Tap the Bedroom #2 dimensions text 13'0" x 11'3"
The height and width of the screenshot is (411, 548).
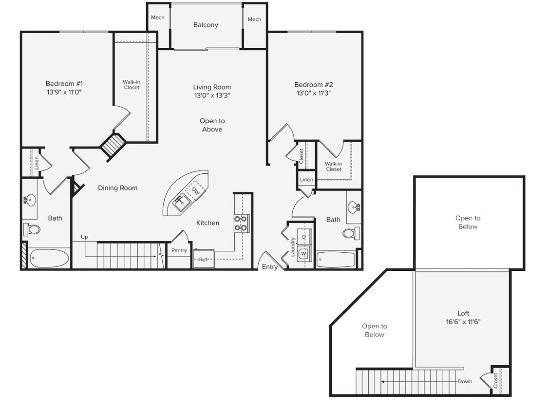[x=313, y=93]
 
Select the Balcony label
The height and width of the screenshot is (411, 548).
[x=206, y=25]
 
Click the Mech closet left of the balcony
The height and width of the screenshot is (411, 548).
[x=158, y=18]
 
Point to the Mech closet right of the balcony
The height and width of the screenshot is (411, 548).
[x=254, y=19]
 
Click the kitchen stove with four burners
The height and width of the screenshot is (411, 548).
[x=241, y=223]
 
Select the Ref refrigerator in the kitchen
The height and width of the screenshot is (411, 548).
[x=203, y=259]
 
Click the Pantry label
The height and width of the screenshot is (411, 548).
[x=179, y=250]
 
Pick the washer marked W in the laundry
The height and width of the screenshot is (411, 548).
[x=303, y=254]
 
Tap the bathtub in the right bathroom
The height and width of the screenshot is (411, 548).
[x=336, y=260]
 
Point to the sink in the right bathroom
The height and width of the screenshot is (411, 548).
[x=354, y=208]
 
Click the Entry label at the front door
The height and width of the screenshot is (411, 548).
[x=270, y=267]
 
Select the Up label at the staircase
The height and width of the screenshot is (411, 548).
[x=84, y=237]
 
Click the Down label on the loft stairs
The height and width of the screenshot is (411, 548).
[x=465, y=381]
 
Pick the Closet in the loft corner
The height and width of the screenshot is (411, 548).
[x=495, y=379]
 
